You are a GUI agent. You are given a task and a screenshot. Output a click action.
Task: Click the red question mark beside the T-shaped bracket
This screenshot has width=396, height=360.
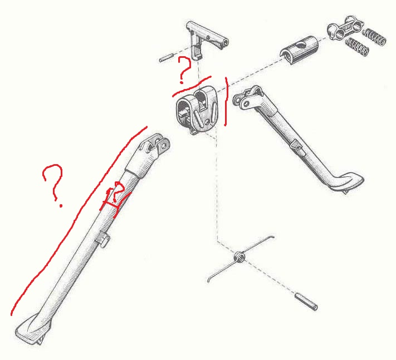pos(184,70)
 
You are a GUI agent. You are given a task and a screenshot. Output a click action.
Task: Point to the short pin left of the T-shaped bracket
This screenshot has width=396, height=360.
pos(167,58)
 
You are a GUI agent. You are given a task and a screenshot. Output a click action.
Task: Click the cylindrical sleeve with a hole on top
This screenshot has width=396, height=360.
pos(302,48)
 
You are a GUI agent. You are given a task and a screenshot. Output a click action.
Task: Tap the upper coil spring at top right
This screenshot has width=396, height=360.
pos(374,37)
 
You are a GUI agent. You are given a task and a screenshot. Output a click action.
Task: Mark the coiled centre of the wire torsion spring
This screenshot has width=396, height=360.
pos(239,257)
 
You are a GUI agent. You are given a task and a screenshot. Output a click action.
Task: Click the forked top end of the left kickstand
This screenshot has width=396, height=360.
pos(157,146)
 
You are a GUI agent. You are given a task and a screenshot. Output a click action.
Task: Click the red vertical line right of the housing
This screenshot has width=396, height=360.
pos(226,102)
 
